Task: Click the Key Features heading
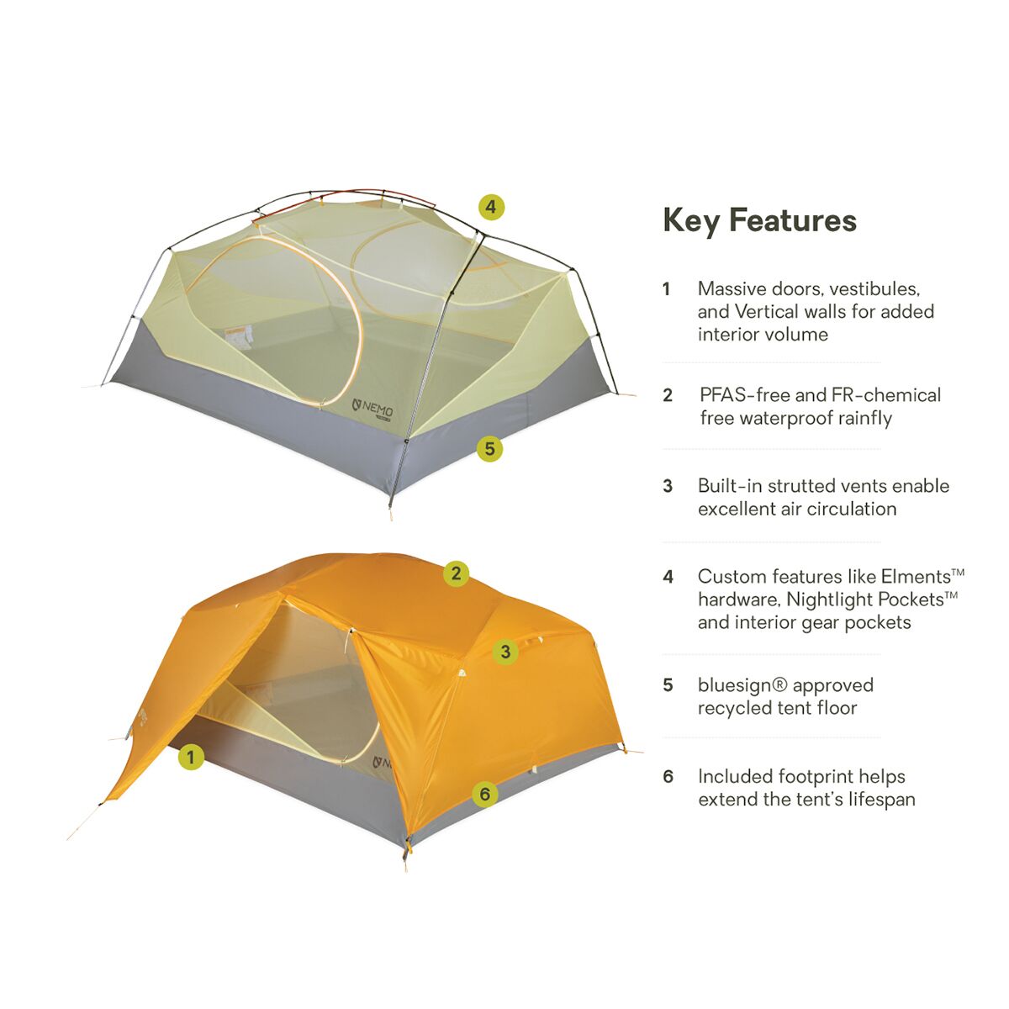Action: (760, 221)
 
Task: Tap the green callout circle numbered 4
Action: (490, 208)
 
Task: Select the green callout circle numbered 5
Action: (489, 449)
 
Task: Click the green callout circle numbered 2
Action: (456, 573)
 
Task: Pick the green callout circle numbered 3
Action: (505, 652)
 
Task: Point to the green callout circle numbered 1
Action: (191, 757)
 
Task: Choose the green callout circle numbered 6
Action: (485, 795)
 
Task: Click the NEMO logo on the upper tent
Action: (372, 407)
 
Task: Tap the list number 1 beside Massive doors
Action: (667, 289)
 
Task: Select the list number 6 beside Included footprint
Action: (668, 777)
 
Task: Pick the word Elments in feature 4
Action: (916, 577)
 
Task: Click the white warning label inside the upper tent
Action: (238, 337)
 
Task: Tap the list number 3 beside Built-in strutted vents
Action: (668, 487)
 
